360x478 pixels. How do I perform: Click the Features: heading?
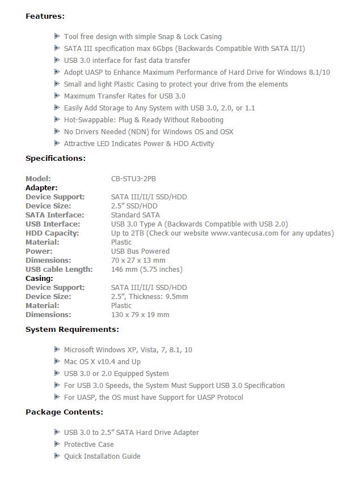coord(45,16)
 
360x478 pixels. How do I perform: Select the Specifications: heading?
coord(56,158)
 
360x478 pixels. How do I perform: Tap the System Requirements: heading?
coord(72,329)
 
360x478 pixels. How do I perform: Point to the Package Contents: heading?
coord(64,412)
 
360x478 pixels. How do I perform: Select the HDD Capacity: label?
coord(52,233)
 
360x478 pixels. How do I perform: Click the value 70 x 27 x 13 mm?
coord(138,261)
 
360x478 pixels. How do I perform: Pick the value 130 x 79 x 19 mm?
coord(140,315)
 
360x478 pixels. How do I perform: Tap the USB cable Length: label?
coord(59,270)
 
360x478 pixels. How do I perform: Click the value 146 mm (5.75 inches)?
coord(147,270)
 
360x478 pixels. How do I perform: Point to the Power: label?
coord(39,251)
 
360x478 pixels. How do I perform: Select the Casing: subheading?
coord(39,279)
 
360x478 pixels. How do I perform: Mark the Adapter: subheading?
coord(41,187)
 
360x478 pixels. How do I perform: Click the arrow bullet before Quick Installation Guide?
coord(57,456)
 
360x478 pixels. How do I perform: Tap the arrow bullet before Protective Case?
coord(57,444)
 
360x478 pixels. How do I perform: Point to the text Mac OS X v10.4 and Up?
coord(102,362)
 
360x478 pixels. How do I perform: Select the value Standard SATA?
coord(135,215)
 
